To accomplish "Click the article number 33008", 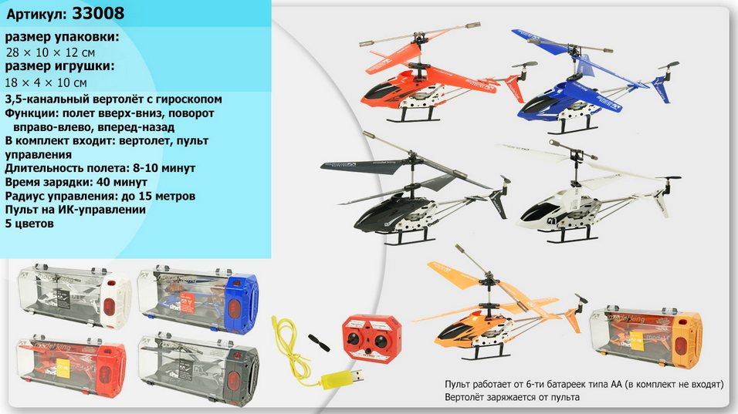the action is pyautogui.click(x=98, y=13).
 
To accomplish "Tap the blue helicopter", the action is pyautogui.click(x=593, y=82).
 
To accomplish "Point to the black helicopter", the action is pyautogui.click(x=415, y=197).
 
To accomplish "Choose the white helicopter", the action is pyautogui.click(x=593, y=193).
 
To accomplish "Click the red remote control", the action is pyautogui.click(x=372, y=338).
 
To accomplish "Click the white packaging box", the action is pyautogui.click(x=74, y=297).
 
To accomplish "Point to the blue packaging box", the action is pyautogui.click(x=198, y=299).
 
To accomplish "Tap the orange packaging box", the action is pyautogui.click(x=645, y=336).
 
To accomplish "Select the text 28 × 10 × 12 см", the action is pyautogui.click(x=50, y=52).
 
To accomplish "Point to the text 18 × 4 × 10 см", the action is pyautogui.click(x=46, y=82).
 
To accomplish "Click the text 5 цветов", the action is pyautogui.click(x=29, y=224).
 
